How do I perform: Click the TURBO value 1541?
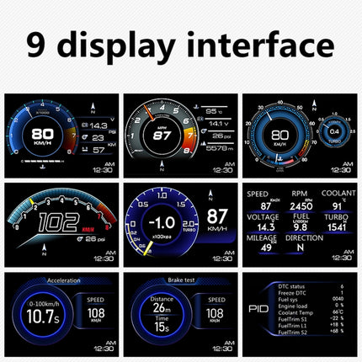[x=337, y=227]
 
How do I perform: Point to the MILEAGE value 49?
[x=266, y=247]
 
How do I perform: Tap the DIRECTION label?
[x=305, y=238]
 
